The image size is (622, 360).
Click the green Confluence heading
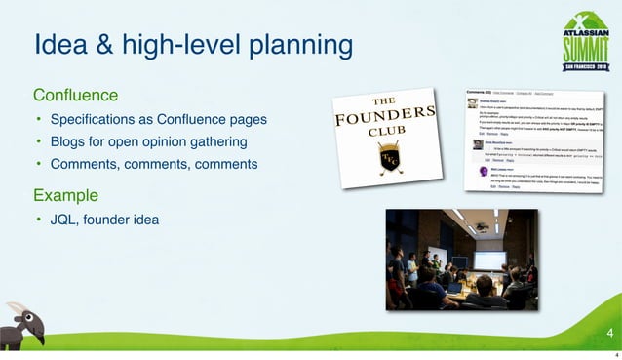point(76,96)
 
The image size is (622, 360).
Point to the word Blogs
point(70,142)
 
